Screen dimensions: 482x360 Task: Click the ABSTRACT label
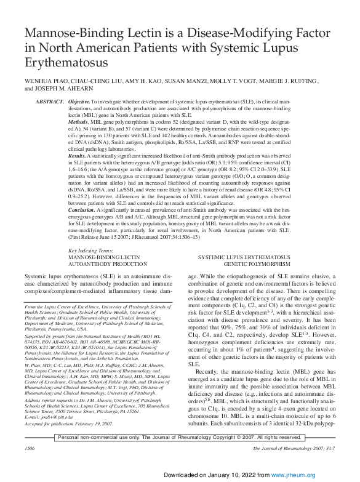(50, 100)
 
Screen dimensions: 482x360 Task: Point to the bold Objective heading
(79, 100)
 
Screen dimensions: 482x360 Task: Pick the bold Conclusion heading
(82, 211)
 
